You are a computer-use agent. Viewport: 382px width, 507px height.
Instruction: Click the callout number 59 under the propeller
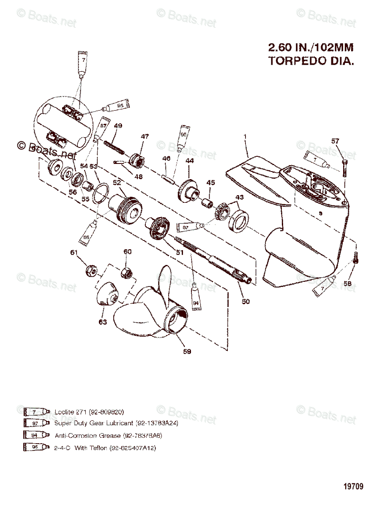(187, 351)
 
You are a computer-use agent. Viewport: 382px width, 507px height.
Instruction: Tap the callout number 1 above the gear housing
(244, 136)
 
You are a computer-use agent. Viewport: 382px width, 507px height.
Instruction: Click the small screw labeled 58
(355, 257)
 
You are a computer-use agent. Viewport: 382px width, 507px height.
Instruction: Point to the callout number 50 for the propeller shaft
(246, 301)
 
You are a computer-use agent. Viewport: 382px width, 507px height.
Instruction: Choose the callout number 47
(145, 137)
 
